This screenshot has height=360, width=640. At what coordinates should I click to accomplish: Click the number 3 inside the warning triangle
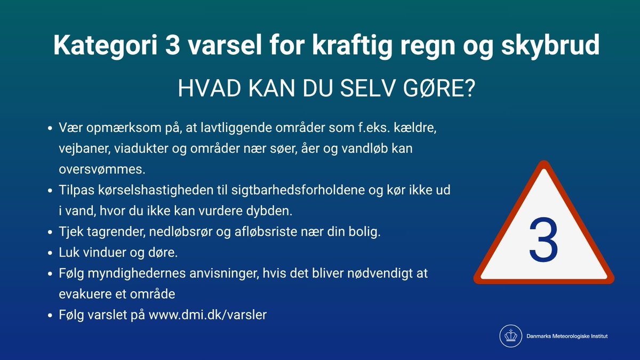[x=543, y=239]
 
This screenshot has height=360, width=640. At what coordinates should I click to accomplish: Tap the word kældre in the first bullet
[x=418, y=130]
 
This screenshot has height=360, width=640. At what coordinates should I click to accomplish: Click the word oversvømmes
[x=101, y=169]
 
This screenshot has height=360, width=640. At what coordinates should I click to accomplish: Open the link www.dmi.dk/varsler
[x=207, y=315]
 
